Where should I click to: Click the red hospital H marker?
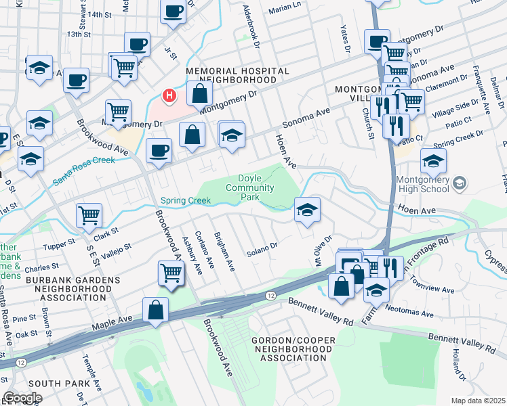coord(169,97)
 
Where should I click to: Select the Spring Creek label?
coord(186,201)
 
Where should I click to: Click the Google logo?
coord(23,397)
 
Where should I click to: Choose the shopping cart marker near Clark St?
coord(89,216)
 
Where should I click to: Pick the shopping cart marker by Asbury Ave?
coord(171,273)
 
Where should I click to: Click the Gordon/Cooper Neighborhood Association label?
coord(292,348)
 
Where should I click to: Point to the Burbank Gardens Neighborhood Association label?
coord(60,290)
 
